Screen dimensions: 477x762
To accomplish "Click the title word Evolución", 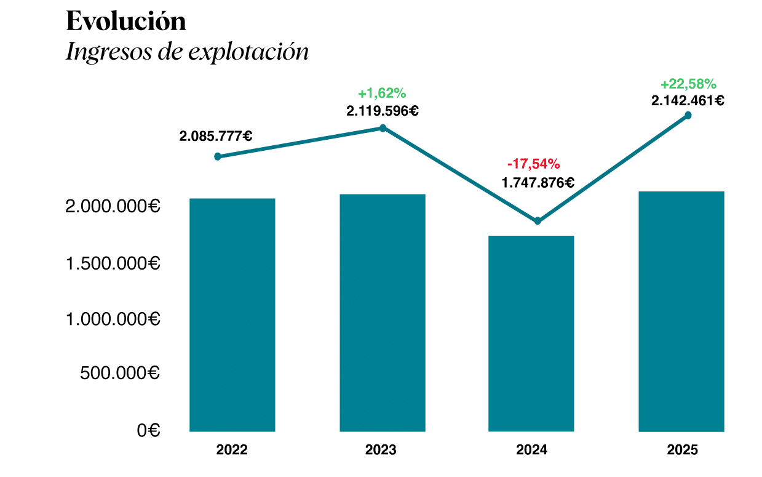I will click(x=125, y=22).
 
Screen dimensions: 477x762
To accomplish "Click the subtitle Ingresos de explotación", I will click(x=187, y=52).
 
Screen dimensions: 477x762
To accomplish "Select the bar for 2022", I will click(x=232, y=315).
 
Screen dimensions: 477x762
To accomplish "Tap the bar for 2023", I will click(x=383, y=313).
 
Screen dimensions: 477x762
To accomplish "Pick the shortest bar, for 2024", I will click(x=531, y=333).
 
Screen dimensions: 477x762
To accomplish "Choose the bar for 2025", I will click(x=681, y=311).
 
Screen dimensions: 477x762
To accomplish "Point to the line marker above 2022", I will click(x=218, y=157).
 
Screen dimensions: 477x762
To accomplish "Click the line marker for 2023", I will click(x=383, y=128).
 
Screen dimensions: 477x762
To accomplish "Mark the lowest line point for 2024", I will click(x=538, y=221).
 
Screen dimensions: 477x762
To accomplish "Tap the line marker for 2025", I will click(x=688, y=116).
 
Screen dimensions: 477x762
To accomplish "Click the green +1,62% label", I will click(x=382, y=94).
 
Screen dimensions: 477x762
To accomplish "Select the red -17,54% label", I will click(x=533, y=164).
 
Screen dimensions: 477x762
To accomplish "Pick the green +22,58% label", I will click(x=688, y=84).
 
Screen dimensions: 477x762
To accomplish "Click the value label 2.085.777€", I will click(x=216, y=137).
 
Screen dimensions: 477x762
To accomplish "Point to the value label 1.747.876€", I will click(x=538, y=183).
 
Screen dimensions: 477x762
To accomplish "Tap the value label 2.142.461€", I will click(x=688, y=100).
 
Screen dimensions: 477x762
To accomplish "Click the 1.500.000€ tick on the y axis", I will click(x=113, y=264).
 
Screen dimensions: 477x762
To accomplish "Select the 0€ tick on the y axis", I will click(x=148, y=430).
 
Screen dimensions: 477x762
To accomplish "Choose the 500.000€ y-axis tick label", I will click(x=120, y=373).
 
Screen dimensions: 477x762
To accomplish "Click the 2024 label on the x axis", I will click(x=531, y=451).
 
